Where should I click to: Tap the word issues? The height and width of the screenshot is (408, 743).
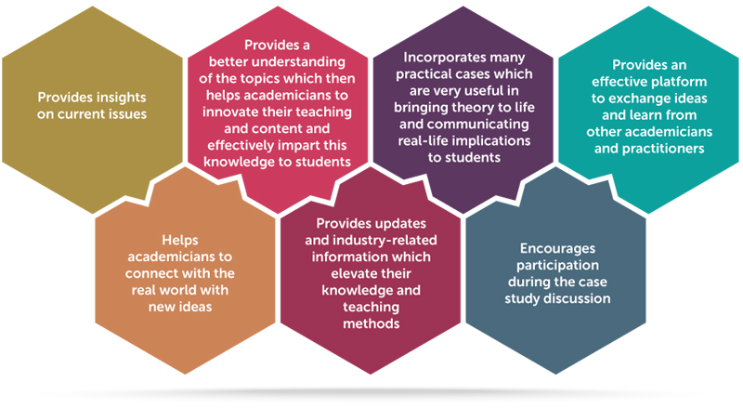pyautogui.click(x=126, y=114)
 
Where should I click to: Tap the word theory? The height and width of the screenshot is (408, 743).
pyautogui.click(x=474, y=108)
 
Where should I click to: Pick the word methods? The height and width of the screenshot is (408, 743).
pyautogui.click(x=371, y=324)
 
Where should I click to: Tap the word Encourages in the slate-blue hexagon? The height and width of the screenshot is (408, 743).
pyautogui.click(x=558, y=249)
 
